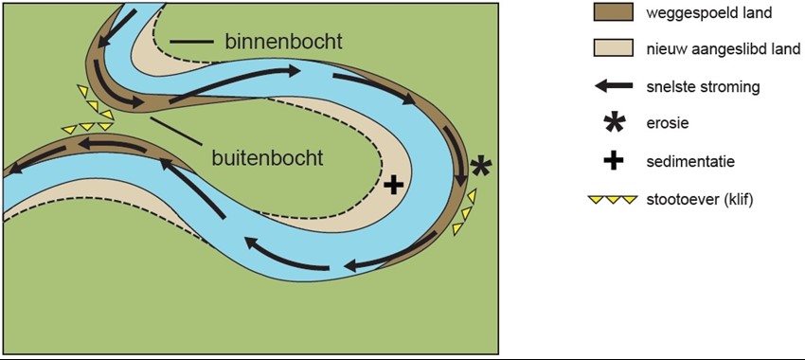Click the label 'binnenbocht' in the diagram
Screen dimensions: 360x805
[283, 43]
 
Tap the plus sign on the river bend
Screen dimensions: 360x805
[394, 184]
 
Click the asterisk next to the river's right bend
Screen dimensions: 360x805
[480, 167]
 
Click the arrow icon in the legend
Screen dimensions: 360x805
[614, 86]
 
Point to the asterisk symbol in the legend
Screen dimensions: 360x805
[614, 123]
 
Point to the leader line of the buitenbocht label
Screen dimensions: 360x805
[174, 131]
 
